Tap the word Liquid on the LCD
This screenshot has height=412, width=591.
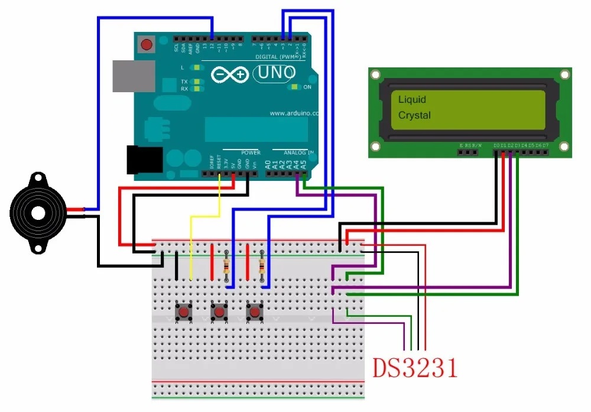(x=412, y=99)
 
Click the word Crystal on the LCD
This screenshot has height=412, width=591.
(x=414, y=115)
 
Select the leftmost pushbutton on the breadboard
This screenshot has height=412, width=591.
(x=184, y=311)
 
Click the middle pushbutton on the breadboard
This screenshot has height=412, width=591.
(x=219, y=311)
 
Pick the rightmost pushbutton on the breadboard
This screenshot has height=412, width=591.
(x=255, y=311)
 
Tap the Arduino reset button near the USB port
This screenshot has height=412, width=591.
(x=145, y=44)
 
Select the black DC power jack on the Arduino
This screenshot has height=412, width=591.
(x=144, y=160)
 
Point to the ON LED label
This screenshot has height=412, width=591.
(x=307, y=87)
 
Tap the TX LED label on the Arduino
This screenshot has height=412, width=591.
(x=184, y=82)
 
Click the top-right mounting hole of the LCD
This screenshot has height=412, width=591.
(x=565, y=74)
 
